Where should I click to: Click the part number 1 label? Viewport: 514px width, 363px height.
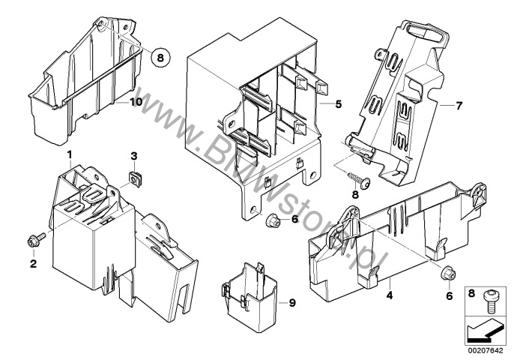[x=69, y=153]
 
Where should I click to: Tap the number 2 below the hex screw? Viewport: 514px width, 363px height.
[x=33, y=263]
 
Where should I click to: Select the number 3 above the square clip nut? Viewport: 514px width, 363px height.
[x=133, y=156]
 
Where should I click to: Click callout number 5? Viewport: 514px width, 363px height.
[x=339, y=105]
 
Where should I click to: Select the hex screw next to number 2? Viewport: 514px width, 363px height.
[x=35, y=238]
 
